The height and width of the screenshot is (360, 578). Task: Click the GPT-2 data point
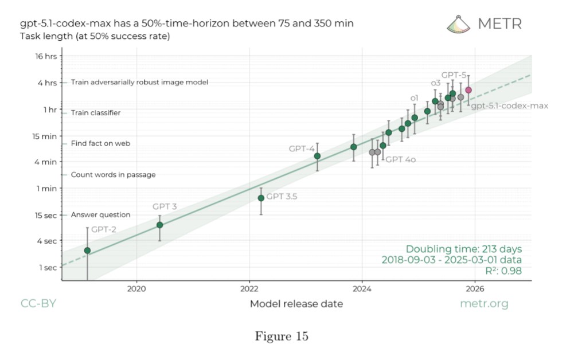point(87,251)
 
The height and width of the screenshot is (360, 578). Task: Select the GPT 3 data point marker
point(160,225)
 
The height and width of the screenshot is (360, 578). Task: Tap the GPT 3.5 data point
point(261,198)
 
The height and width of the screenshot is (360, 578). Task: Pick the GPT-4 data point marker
point(317,156)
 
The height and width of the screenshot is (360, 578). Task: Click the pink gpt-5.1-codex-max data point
point(468,90)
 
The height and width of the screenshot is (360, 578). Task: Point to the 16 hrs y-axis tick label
point(45,56)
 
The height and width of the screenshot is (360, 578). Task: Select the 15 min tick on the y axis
point(45,136)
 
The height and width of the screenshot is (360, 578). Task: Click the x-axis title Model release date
point(296,304)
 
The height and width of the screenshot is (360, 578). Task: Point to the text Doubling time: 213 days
point(463,249)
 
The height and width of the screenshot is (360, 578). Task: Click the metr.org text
point(484,304)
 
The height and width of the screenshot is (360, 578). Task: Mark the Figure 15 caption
point(281,336)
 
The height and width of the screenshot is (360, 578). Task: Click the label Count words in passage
point(113,175)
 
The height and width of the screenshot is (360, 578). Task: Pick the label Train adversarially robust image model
point(139,82)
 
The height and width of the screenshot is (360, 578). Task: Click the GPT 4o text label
point(400,159)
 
